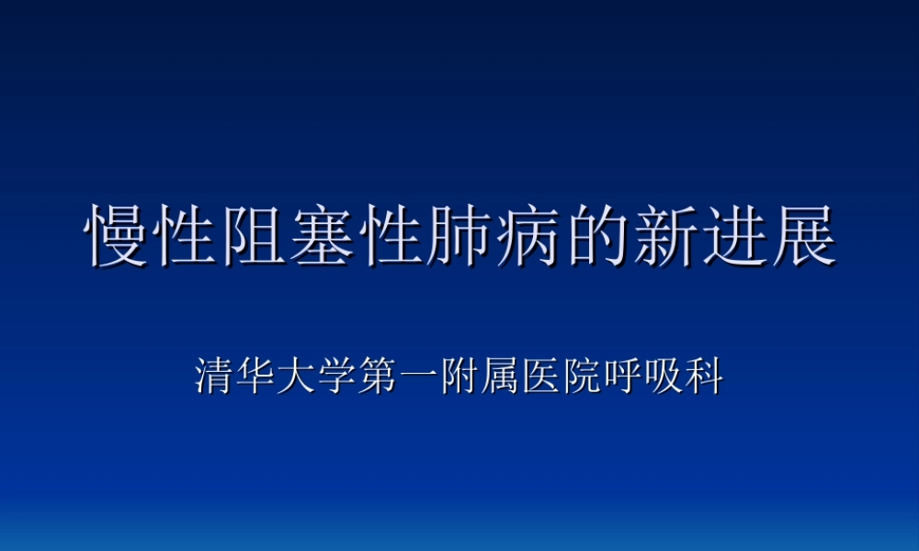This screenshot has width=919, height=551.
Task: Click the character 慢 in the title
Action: [x=118, y=237]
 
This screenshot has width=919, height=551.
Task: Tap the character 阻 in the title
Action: [x=255, y=237]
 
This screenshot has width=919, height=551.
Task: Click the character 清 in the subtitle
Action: [x=215, y=377]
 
